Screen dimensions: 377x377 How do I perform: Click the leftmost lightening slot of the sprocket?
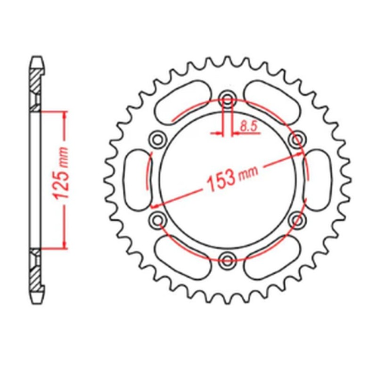136,178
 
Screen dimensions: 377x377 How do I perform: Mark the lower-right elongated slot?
274,257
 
